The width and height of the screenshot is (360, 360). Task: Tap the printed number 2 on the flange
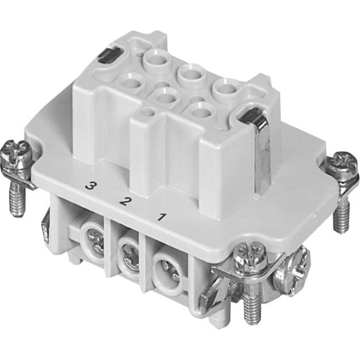(125, 201)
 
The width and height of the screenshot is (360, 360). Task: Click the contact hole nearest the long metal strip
(226, 88)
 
